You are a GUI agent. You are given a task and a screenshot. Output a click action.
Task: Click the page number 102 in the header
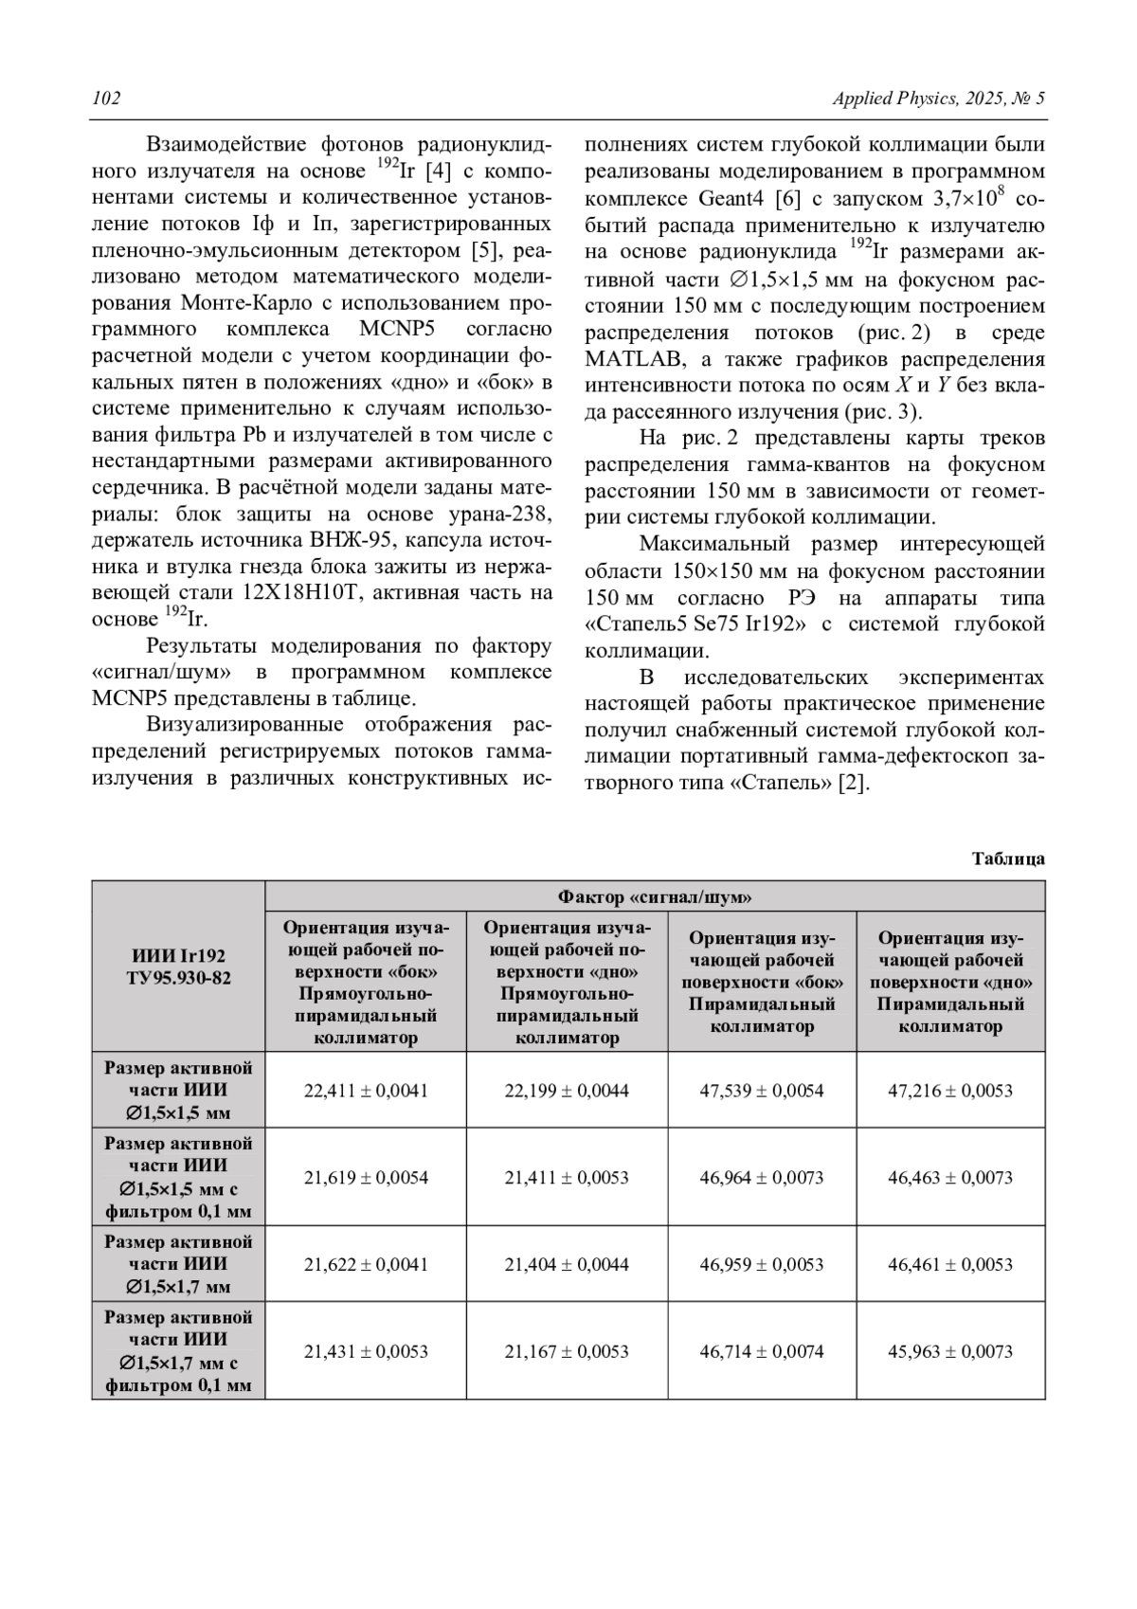tap(106, 99)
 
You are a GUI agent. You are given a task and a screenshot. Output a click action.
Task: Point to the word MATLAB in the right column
tap(629, 360)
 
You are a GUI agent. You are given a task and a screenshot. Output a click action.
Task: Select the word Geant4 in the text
tap(731, 199)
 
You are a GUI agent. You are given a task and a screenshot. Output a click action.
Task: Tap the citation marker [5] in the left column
tap(492, 251)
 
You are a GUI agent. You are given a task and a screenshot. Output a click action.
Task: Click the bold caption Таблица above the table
tap(1008, 859)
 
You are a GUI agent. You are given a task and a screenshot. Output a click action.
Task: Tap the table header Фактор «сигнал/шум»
tap(655, 896)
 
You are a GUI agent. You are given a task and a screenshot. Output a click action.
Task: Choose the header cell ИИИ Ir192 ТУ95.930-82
tap(178, 967)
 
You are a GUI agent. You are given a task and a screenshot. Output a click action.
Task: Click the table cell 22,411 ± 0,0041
tap(366, 1091)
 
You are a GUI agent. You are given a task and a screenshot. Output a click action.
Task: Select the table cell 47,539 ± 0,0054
tap(762, 1091)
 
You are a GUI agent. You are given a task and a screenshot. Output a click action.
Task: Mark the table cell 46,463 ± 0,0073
tap(950, 1178)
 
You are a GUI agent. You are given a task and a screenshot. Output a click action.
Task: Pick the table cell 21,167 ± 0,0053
tap(567, 1351)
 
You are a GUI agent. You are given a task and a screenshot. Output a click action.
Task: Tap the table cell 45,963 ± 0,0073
tap(950, 1351)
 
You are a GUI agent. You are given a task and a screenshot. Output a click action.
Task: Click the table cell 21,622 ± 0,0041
tap(366, 1264)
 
